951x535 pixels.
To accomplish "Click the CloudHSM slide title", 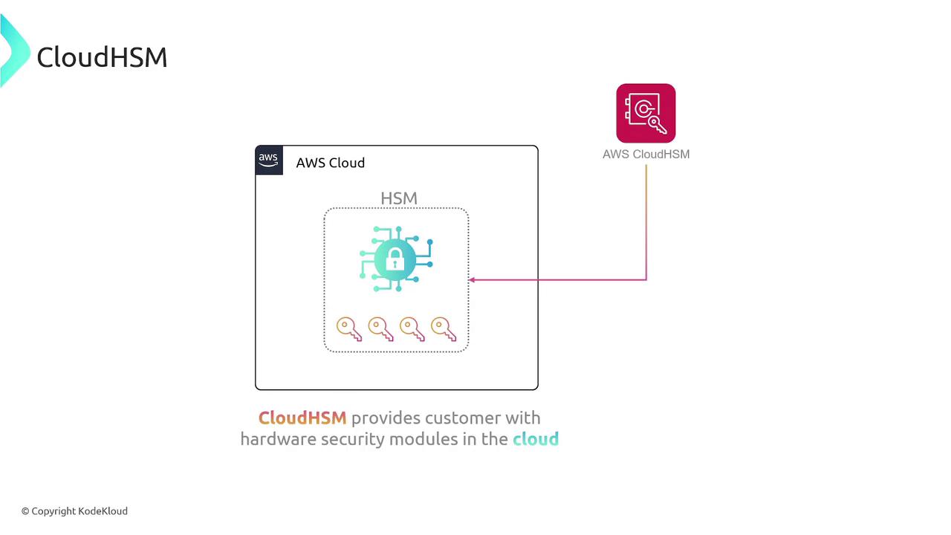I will coord(102,57).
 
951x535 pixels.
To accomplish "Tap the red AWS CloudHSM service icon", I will coord(646,113).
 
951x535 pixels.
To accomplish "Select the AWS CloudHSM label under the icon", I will coord(646,154).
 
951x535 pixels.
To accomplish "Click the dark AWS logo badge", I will coord(269,160).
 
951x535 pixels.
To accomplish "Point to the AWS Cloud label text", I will coord(330,163).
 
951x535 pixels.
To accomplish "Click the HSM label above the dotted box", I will coord(399,198).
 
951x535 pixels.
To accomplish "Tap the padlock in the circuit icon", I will coord(395,259).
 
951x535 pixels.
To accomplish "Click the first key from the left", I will coord(348,328).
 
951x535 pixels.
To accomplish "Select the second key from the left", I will coord(380,328).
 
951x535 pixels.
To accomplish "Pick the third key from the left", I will coord(412,328).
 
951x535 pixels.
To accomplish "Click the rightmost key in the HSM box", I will coord(443,328).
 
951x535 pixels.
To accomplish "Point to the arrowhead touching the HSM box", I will coord(473,280).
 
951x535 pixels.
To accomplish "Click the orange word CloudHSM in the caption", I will coord(302,418).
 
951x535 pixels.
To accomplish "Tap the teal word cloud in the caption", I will coord(535,439).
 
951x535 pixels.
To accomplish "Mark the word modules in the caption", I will coord(423,439).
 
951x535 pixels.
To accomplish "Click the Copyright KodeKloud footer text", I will coord(74,511).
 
